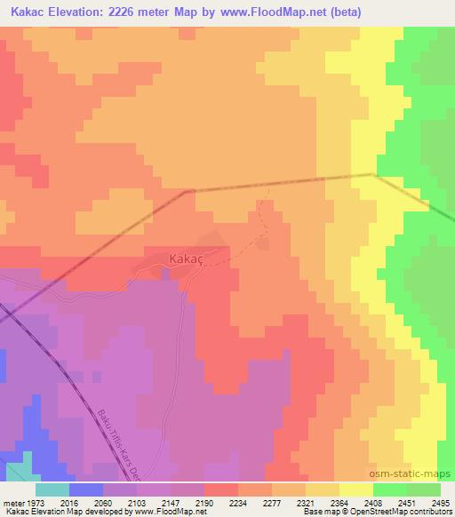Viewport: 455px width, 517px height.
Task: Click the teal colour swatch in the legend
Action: coord(52,489)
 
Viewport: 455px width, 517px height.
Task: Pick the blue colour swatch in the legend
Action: coord(86,489)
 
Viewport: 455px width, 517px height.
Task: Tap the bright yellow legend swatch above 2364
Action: coord(356,489)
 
